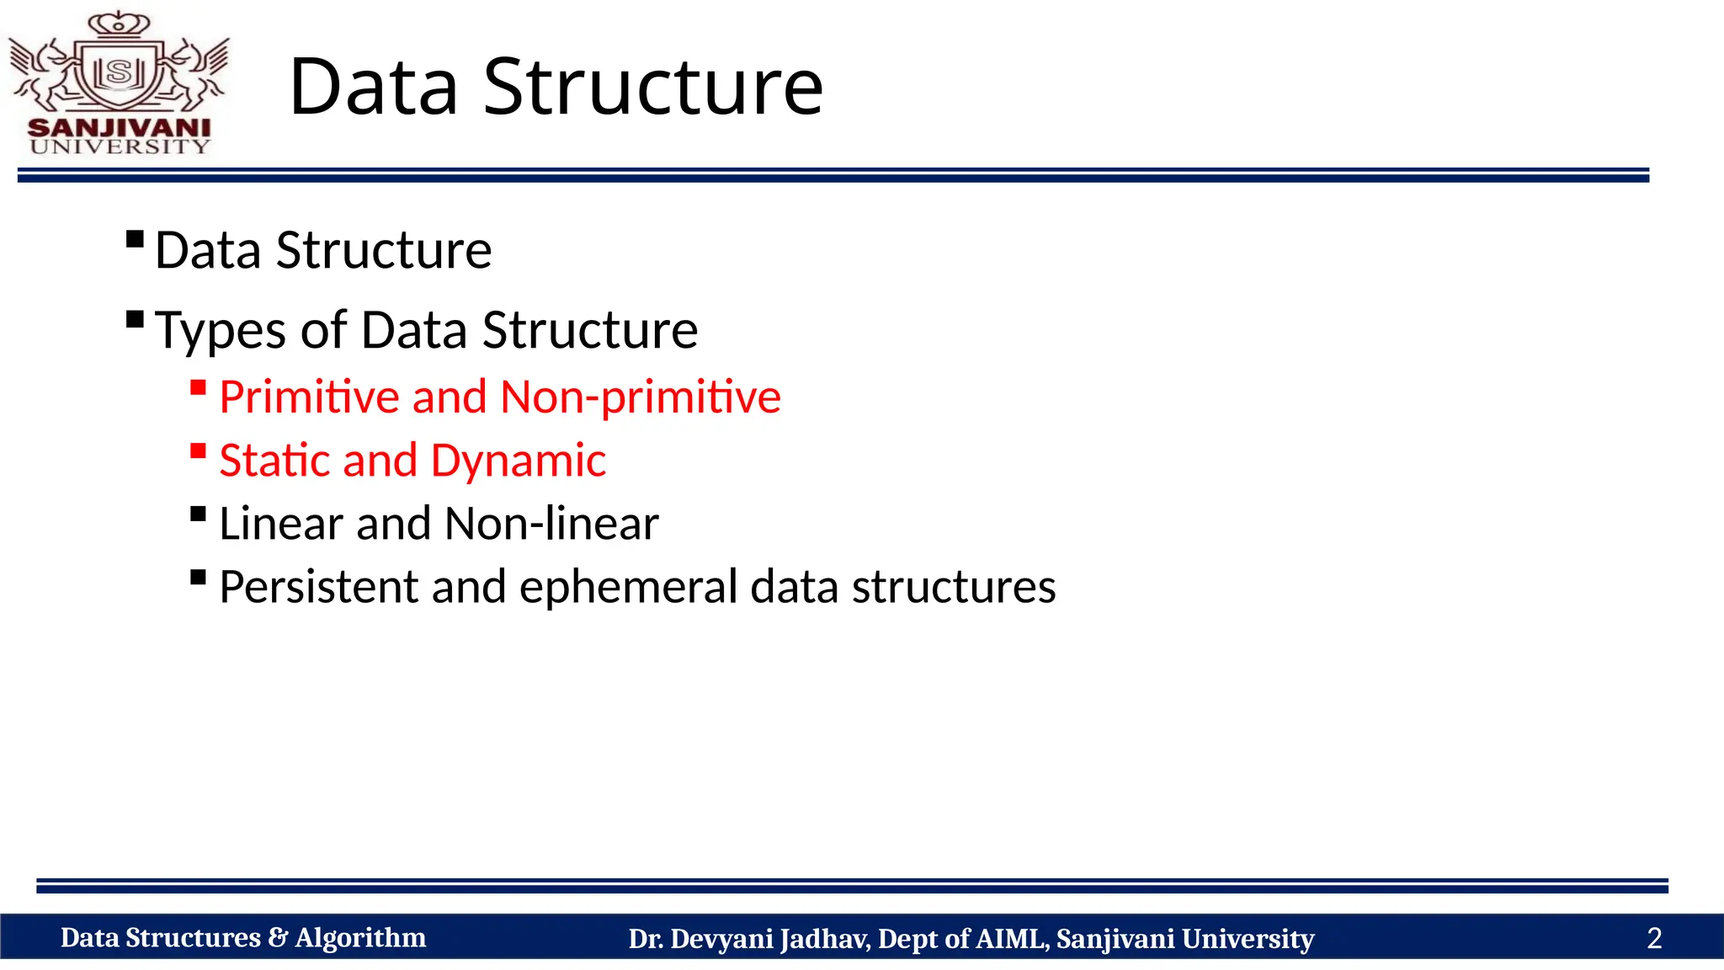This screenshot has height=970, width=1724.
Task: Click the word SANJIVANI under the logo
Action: point(120,128)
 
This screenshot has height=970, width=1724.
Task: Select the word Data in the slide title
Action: point(374,87)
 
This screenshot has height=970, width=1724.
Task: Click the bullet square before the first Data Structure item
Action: point(135,240)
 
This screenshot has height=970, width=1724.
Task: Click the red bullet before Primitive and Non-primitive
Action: point(199,387)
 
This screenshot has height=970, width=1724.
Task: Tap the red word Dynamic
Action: point(518,461)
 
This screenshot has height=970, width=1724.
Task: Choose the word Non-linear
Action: point(551,524)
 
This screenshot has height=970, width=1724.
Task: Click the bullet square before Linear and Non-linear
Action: point(199,514)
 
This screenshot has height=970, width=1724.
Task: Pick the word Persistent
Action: point(318,587)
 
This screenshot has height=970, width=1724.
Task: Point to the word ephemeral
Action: point(629,587)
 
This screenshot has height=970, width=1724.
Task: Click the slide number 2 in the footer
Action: point(1654,938)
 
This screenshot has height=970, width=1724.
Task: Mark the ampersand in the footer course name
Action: point(278,938)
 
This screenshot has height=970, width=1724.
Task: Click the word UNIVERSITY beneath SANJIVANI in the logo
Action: point(120,147)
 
